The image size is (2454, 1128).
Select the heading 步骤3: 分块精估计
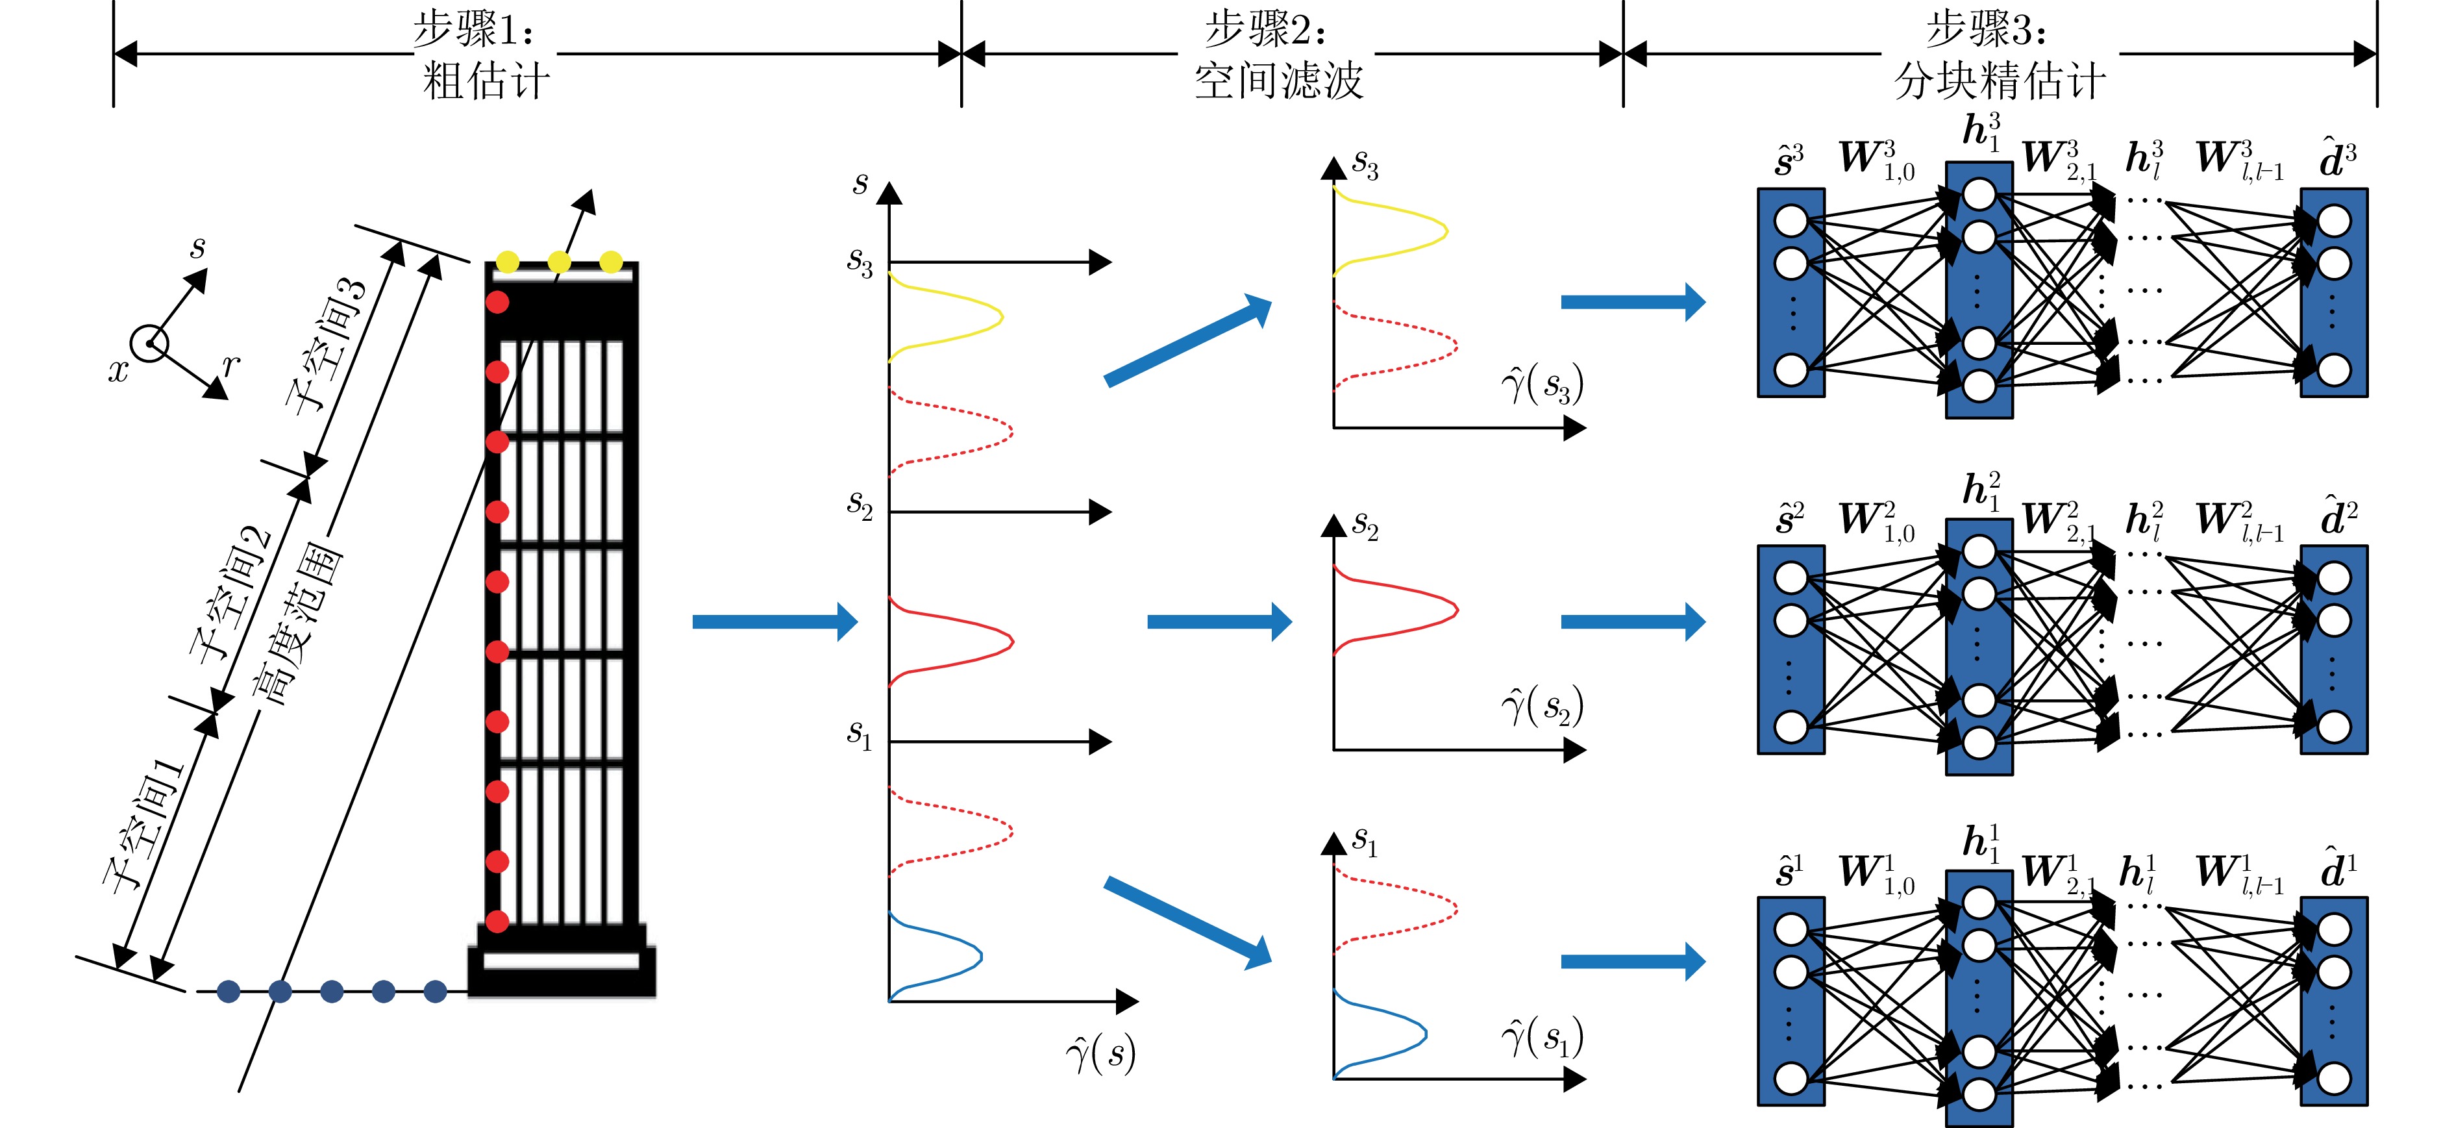coord(1999,55)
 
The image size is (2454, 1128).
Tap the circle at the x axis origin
coord(149,343)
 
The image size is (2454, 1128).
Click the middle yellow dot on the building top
coord(559,261)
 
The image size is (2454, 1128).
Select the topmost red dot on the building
coord(497,302)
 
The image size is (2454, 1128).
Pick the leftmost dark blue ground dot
coord(229,992)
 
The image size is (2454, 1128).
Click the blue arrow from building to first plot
coord(774,622)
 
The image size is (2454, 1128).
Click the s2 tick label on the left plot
coord(860,505)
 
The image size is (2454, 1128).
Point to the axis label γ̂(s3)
coord(1541,385)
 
